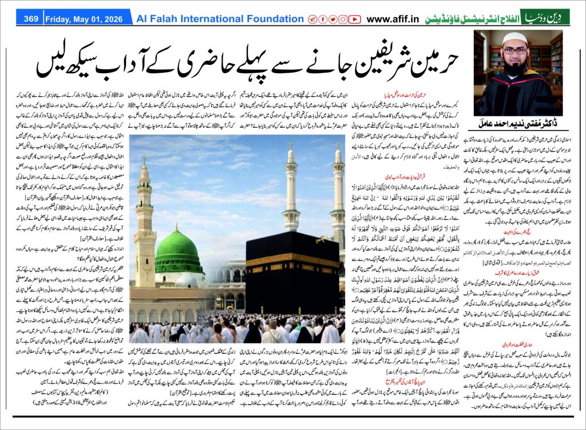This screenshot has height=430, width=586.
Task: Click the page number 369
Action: pyautogui.click(x=31, y=19)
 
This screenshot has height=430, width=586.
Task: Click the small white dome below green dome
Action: pyautogui.click(x=187, y=280)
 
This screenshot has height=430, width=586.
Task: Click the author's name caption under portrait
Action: pyautogui.click(x=518, y=124)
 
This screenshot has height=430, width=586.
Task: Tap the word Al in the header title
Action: pyautogui.click(x=142, y=19)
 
